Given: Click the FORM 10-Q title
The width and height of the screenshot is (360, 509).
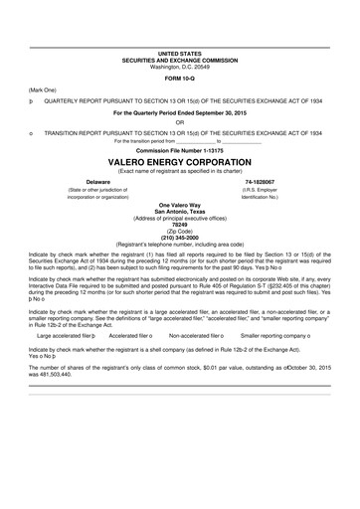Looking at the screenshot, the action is pos(179,78).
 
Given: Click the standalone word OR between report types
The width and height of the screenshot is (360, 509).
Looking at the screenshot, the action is pos(179,122).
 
